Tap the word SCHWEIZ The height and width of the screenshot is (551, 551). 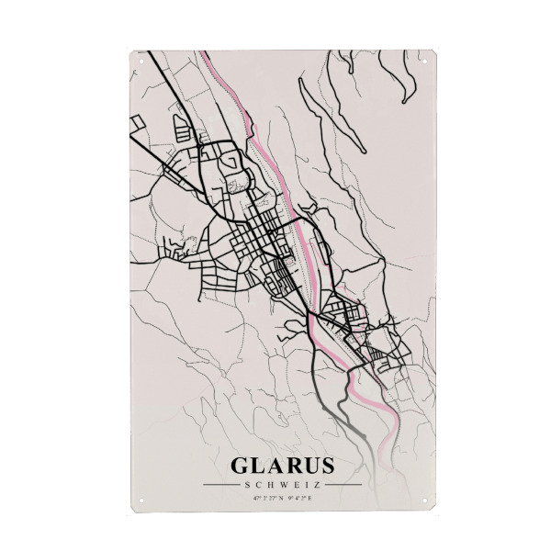(x=282, y=485)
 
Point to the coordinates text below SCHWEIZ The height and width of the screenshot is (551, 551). (x=282, y=499)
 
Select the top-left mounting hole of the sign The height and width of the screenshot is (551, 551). (x=141, y=61)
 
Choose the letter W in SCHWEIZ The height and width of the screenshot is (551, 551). (x=281, y=485)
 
